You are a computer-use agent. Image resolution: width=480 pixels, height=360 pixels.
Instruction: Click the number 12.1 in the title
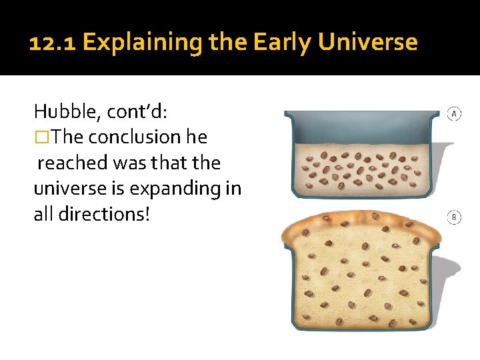coord(53,43)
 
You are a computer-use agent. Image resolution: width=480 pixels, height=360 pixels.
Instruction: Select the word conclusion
coord(134,137)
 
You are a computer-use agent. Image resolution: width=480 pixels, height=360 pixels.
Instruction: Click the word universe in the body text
coord(69,188)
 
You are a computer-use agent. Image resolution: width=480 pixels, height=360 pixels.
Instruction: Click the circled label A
coord(454,113)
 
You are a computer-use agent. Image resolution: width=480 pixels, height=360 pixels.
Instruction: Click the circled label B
coord(454,218)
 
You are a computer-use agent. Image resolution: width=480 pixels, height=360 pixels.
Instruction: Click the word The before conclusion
coord(67,137)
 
